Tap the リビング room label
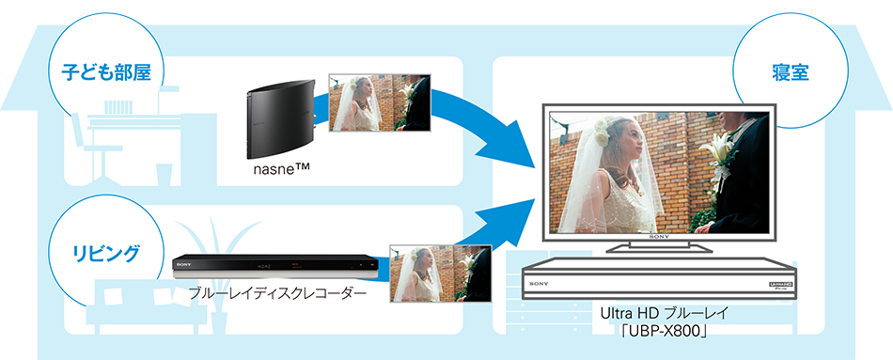tap(105, 252)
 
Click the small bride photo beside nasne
tap(377, 103)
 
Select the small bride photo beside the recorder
tap(440, 274)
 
